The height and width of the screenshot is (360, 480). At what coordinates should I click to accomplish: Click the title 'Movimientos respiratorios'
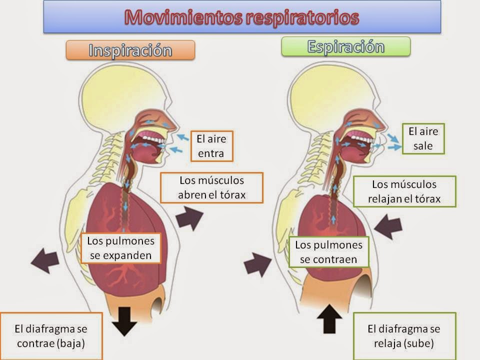(x=242, y=17)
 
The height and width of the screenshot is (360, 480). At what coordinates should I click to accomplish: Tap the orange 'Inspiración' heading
(x=130, y=50)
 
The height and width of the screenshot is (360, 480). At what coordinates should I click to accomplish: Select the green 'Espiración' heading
(x=346, y=46)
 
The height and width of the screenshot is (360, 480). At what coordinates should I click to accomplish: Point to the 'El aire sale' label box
(x=423, y=139)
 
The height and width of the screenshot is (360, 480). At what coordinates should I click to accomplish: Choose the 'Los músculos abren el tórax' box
(x=212, y=187)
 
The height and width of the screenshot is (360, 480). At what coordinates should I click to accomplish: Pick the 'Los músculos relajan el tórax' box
(x=404, y=191)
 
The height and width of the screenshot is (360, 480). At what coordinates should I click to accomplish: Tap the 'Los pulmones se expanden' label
(x=121, y=248)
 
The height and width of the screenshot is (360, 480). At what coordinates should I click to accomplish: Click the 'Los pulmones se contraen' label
(x=328, y=252)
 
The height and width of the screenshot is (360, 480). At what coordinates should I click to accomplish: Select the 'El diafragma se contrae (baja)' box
(x=51, y=336)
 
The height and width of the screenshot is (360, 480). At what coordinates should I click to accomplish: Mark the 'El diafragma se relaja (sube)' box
(x=404, y=336)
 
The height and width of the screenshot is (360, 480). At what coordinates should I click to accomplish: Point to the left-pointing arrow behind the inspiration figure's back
(x=45, y=260)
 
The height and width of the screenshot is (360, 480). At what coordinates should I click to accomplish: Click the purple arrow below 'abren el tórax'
(x=188, y=218)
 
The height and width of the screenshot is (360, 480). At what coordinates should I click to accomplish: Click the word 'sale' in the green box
(x=422, y=146)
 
